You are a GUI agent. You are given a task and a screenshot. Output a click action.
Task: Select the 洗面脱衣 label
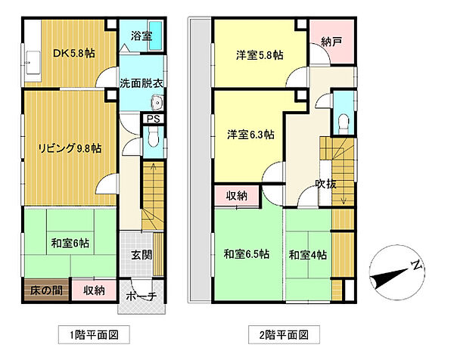click(x=138, y=84)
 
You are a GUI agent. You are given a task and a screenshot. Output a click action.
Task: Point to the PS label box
click(x=151, y=119)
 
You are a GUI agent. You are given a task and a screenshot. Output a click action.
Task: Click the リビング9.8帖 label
click(x=70, y=148)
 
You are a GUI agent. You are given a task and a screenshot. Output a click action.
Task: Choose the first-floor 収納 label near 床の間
click(x=95, y=290)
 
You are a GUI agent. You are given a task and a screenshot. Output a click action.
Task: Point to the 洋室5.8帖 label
click(x=259, y=54)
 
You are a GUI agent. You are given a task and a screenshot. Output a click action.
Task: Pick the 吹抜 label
click(x=326, y=184)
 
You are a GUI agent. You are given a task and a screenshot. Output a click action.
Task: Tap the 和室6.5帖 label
click(x=245, y=254)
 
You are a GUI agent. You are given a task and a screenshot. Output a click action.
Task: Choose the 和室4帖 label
click(x=307, y=255)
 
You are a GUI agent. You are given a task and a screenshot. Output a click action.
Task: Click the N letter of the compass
click(x=415, y=265)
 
